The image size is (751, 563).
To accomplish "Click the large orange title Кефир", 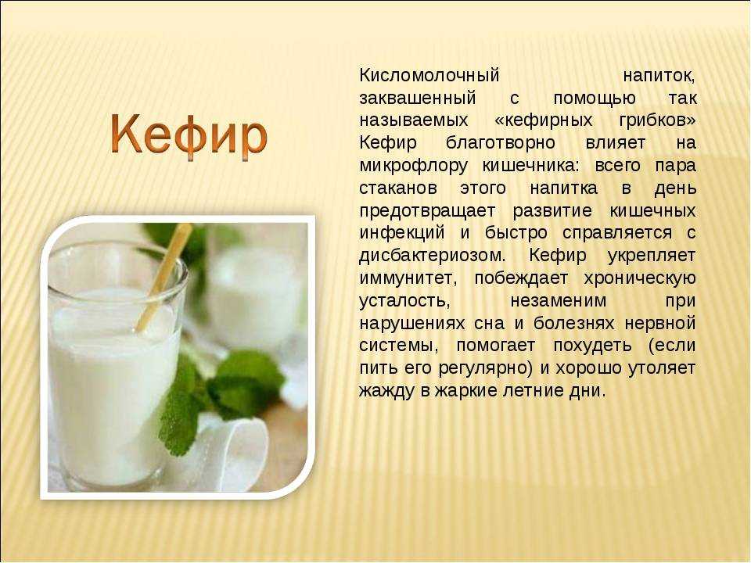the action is [x=189, y=135].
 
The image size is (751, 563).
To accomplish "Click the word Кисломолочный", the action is [x=429, y=76].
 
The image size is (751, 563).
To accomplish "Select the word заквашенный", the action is [x=418, y=99].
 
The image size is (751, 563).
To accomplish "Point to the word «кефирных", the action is [x=543, y=120].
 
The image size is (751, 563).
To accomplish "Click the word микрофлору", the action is [x=413, y=166].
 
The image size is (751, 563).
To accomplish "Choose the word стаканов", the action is [x=398, y=188].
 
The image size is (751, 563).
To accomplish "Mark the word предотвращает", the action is [x=427, y=211].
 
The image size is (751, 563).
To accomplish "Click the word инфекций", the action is [x=402, y=233].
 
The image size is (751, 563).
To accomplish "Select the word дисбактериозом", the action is [x=432, y=256].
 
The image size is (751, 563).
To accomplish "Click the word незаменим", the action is [x=558, y=301].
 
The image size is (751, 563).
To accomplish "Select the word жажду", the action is [x=386, y=391].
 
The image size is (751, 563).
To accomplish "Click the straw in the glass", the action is [x=164, y=277].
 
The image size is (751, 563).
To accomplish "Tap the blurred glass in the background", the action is [x=253, y=297].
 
